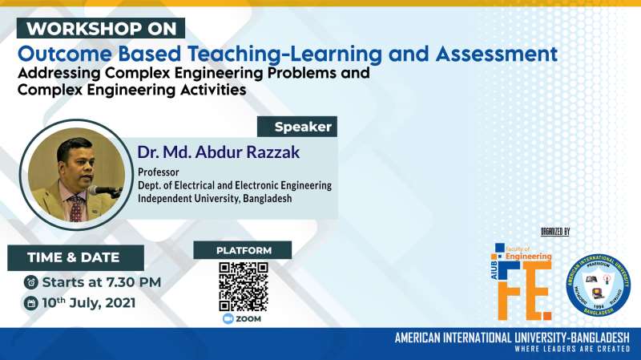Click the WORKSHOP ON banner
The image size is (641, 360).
click(103, 28)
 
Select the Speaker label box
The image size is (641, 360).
click(297, 127)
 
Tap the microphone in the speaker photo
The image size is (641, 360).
click(102, 190)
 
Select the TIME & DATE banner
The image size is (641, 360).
click(76, 257)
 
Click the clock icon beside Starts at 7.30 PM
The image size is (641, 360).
click(30, 282)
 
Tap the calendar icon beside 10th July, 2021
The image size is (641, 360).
click(30, 303)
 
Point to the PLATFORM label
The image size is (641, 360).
click(242, 250)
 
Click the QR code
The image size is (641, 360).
click(243, 285)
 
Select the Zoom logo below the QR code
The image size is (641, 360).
click(243, 318)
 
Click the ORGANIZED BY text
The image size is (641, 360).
click(555, 232)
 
